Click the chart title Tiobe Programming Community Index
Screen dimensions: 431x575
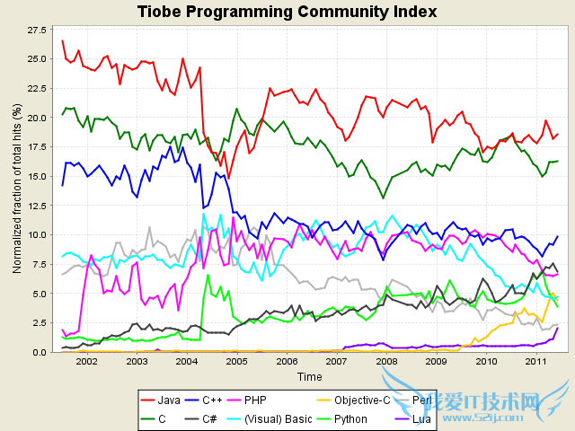click(287, 12)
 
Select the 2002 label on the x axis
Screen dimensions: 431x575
click(86, 361)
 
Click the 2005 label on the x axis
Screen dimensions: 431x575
click(236, 361)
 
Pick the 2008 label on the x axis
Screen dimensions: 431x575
click(386, 361)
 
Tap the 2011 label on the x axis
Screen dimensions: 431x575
click(536, 361)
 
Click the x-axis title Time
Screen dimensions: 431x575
click(310, 376)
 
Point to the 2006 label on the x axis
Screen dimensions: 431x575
click(287, 361)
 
